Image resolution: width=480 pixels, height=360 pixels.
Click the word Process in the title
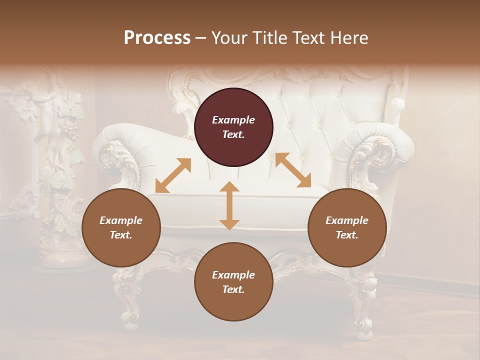(x=157, y=38)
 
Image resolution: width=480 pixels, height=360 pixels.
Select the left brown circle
(x=121, y=227)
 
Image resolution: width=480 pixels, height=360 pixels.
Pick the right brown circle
(x=347, y=227)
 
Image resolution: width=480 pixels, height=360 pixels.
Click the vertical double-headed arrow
(x=229, y=205)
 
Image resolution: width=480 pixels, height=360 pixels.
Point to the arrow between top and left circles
(x=173, y=175)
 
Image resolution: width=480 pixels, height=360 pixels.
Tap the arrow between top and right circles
(x=293, y=170)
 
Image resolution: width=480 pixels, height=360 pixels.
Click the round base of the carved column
(x=62, y=260)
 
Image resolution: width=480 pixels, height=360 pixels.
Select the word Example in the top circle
(x=233, y=120)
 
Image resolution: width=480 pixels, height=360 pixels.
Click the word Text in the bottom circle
(x=233, y=289)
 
